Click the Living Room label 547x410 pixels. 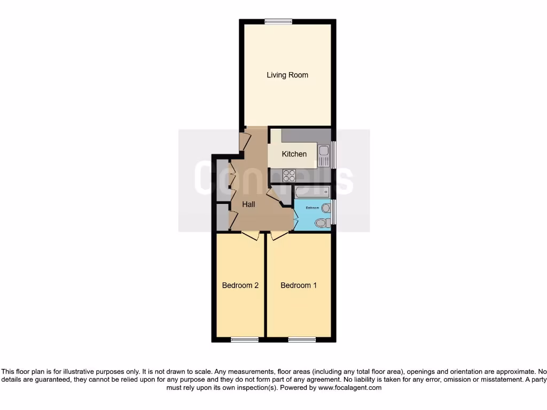point(287,75)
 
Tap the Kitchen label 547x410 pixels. point(294,154)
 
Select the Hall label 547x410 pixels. point(248,204)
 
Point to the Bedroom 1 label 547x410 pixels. point(299,286)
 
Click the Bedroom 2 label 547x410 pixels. point(240,286)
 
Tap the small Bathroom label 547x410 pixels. point(312,207)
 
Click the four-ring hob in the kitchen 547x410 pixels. point(289,175)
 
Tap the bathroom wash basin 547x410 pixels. point(326,208)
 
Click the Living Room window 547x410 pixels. point(278,21)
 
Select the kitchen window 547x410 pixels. point(334,155)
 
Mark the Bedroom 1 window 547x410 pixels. point(301,340)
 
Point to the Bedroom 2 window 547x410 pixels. point(245,340)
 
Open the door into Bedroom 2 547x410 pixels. point(251,235)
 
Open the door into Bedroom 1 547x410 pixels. point(278,235)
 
